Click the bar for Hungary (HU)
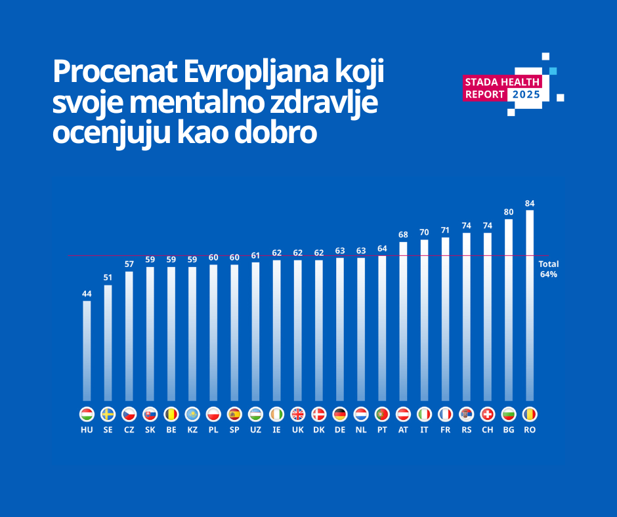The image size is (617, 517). tap(87, 350)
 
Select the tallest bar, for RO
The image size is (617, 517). tap(530, 305)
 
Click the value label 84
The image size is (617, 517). tap(530, 203)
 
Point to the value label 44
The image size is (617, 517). tap(87, 294)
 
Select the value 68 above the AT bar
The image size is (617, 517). tap(403, 235)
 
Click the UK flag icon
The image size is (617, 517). tap(297, 415)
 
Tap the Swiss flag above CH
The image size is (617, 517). tap(488, 415)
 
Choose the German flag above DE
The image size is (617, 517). tap(340, 415)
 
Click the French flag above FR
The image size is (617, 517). tap(446, 415)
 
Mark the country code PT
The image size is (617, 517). tap(382, 430)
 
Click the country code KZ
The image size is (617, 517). tap(192, 430)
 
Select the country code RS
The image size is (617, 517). tap(467, 430)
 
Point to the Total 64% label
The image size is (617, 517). tap(549, 269)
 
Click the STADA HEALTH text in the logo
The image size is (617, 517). tap(502, 82)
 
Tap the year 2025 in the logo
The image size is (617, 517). tap(526, 94)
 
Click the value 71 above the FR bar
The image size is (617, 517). tap(446, 230)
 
